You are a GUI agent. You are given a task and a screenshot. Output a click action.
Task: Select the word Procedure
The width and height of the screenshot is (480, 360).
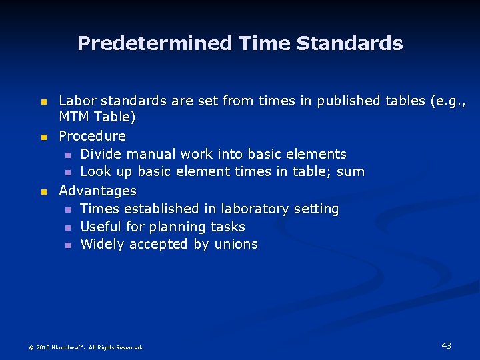92,136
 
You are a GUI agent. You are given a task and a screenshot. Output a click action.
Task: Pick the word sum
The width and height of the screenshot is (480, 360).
351,172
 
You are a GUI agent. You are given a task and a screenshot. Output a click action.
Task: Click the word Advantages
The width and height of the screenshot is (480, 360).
97,191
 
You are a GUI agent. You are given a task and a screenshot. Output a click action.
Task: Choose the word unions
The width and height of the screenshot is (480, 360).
236,245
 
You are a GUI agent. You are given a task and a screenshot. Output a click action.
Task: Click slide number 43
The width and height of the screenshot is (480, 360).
446,345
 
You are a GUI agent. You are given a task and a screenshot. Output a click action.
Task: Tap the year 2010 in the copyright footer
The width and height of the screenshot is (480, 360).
42,347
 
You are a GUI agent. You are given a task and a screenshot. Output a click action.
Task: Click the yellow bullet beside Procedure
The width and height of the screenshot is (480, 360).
43,137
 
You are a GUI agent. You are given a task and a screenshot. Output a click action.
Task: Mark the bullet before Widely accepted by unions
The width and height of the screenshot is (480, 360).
68,245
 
